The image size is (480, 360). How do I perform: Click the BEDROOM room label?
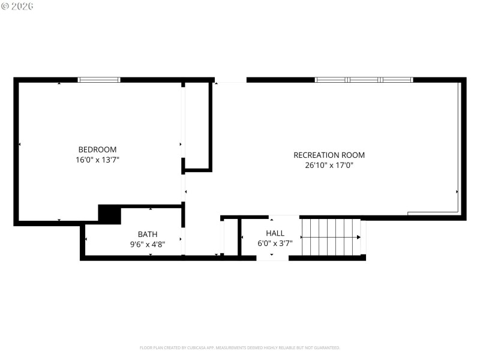pyautogui.click(x=97, y=149)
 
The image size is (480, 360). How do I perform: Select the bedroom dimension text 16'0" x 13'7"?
pyautogui.click(x=97, y=160)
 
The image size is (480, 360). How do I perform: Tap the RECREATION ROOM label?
pyautogui.click(x=329, y=155)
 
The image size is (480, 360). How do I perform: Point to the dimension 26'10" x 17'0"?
pyautogui.click(x=329, y=166)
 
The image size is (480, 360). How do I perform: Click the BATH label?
pyautogui.click(x=148, y=234)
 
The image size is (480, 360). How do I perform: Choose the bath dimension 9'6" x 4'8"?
pyautogui.click(x=148, y=244)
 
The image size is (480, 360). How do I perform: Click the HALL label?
pyautogui.click(x=275, y=233)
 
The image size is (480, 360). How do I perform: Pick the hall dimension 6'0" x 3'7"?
pyautogui.click(x=275, y=243)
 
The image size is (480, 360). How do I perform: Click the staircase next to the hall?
pyautogui.click(x=330, y=238)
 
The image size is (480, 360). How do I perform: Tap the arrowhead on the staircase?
pyautogui.click(x=358, y=237)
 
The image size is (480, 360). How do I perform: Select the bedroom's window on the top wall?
pyautogui.click(x=99, y=80)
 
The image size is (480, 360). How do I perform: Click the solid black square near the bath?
pyautogui.click(x=109, y=215)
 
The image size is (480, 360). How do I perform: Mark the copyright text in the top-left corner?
pyautogui.click(x=17, y=6)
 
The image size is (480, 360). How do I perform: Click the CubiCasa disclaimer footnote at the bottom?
pyautogui.click(x=240, y=347)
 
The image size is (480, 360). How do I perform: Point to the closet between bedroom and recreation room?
pyautogui.click(x=197, y=126)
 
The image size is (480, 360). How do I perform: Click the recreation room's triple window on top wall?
pyautogui.click(x=364, y=80)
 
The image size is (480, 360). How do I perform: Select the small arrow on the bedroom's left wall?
pyautogui.click(x=20, y=144)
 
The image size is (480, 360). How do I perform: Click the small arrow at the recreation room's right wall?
pyautogui.click(x=457, y=192)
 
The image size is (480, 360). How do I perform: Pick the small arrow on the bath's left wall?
pyautogui.click(x=86, y=239)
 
